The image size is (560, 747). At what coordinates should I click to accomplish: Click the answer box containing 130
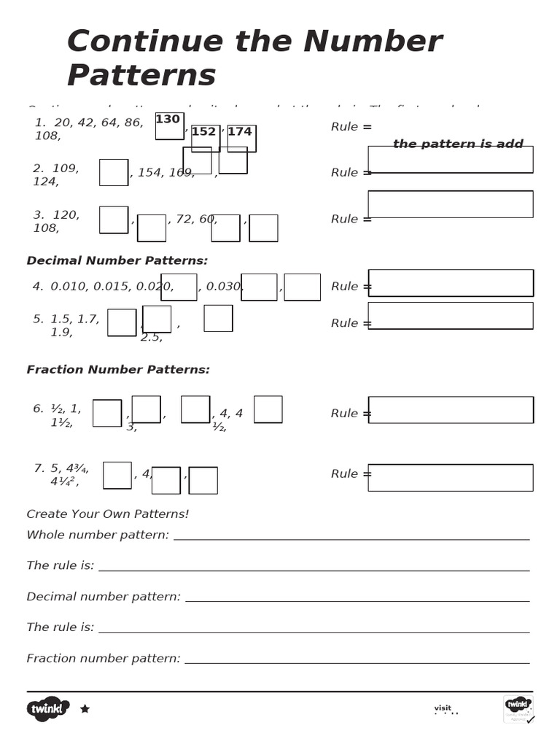169,125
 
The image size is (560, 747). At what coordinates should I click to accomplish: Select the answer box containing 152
205,137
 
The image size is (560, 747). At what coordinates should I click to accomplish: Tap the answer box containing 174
241,137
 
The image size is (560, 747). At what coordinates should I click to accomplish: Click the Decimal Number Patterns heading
117,261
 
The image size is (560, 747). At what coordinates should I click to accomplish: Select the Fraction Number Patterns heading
118,370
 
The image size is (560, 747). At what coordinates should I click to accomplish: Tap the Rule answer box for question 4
450,283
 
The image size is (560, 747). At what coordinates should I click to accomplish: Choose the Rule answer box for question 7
450,477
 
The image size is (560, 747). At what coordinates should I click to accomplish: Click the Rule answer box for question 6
450,410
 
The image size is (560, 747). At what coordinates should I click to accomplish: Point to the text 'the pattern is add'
458,144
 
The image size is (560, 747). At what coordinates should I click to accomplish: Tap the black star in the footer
85,708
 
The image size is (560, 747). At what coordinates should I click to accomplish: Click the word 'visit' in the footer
443,708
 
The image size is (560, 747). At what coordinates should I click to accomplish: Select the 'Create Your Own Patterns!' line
108,514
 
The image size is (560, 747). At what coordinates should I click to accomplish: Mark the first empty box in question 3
114,220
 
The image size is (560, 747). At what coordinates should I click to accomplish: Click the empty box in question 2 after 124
114,172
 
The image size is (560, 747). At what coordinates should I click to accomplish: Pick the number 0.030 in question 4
224,287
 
